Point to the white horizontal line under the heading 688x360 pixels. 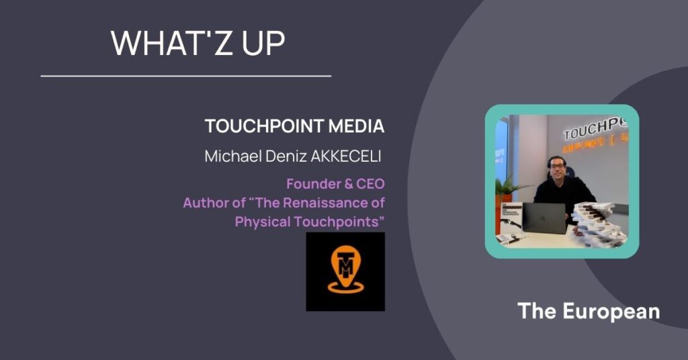tap(186, 77)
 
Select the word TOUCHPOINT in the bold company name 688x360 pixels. tap(264, 126)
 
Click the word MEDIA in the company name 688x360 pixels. tap(356, 126)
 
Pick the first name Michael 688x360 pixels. tap(233, 156)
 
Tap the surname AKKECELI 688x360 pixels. tap(346, 156)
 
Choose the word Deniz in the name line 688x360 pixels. tap(286, 156)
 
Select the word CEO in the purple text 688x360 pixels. tap(370, 184)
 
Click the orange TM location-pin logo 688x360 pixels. tap(345, 269)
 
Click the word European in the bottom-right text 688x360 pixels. tap(611, 312)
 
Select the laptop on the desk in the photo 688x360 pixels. tap(544, 218)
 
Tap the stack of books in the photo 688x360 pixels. tap(601, 224)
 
